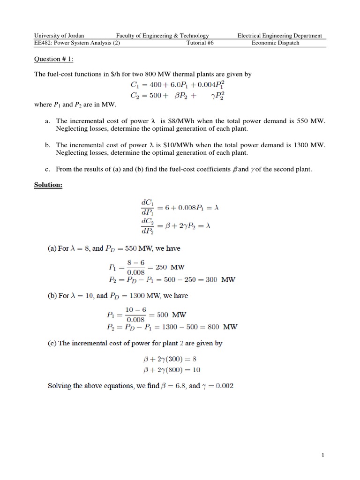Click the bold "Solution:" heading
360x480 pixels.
48,185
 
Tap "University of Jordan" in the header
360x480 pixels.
59,36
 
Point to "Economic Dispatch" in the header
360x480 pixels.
275,43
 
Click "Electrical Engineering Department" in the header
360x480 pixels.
279,36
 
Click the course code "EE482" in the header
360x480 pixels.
43,43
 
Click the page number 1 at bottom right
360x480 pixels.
323,455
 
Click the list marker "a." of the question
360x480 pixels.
48,121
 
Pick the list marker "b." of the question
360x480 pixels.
48,145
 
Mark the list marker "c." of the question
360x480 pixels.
48,169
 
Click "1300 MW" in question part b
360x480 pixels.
309,145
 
